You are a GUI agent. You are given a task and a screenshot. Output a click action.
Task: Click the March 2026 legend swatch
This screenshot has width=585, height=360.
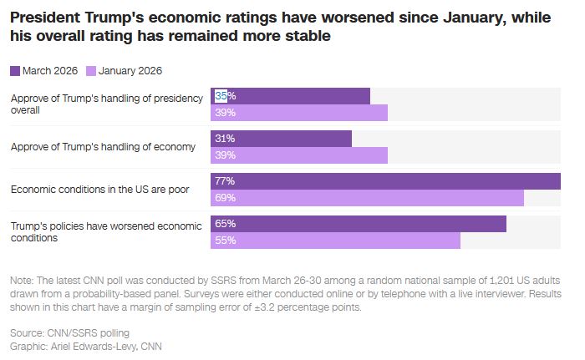[15, 71]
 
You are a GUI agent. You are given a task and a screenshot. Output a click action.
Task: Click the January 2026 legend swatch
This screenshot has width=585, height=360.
[92, 71]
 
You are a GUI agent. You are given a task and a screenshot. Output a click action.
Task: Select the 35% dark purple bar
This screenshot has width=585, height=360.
[290, 96]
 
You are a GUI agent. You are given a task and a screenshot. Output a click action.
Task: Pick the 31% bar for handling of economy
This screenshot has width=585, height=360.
[281, 139]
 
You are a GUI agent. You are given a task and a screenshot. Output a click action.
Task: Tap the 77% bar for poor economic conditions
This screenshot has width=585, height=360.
[385, 181]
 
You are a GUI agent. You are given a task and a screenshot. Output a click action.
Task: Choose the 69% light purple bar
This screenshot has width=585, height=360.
[367, 198]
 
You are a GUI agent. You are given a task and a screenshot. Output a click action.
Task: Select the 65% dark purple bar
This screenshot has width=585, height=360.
[359, 224]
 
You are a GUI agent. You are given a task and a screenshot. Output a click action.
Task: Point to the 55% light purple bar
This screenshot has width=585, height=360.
[335, 241]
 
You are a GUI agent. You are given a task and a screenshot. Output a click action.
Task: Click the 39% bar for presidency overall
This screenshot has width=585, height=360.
[299, 113]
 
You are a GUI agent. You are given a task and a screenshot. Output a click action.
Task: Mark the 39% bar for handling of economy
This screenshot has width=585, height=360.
[299, 155]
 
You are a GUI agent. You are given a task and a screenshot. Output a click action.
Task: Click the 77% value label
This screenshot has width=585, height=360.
[225, 181]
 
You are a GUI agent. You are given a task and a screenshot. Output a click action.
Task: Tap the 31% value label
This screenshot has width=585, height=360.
[225, 139]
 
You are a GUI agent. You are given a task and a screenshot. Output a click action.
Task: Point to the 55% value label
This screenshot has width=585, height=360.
[225, 241]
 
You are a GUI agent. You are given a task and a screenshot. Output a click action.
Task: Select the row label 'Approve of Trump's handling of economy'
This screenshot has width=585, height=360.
[103, 147]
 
